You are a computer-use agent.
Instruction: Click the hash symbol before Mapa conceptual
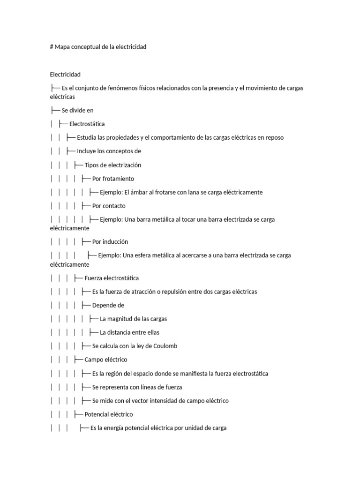click(x=52, y=47)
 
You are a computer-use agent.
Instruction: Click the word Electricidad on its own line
click(x=65, y=75)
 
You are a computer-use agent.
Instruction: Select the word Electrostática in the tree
click(x=87, y=124)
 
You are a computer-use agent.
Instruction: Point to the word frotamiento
click(x=118, y=179)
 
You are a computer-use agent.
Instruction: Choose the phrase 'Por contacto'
click(x=109, y=206)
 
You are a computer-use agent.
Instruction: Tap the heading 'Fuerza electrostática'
click(x=112, y=278)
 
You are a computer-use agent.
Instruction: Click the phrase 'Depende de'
click(x=108, y=305)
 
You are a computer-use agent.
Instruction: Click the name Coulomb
click(x=165, y=346)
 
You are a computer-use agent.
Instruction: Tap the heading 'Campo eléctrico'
click(x=106, y=360)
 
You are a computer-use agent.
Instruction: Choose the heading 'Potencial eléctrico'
click(x=109, y=414)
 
